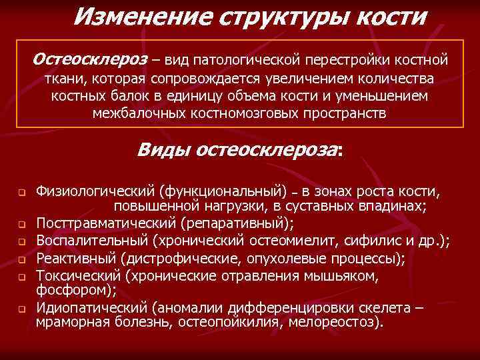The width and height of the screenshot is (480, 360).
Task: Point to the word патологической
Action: (249, 61)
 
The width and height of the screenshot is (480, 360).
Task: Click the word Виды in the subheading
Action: (163, 149)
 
